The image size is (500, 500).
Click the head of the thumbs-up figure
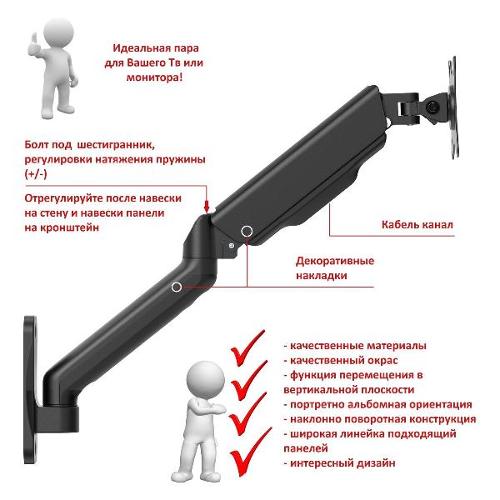(x=58, y=32)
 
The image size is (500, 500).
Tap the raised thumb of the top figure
(x=33, y=40)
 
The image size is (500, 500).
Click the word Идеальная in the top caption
(x=140, y=48)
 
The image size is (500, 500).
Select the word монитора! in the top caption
(x=154, y=77)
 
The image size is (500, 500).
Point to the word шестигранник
(x=116, y=145)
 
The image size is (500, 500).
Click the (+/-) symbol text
(x=36, y=174)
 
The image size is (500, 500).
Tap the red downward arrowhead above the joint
(x=207, y=206)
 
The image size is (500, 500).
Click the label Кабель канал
(x=417, y=224)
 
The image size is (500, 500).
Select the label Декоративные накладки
(x=335, y=267)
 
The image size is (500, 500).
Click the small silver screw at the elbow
(x=232, y=246)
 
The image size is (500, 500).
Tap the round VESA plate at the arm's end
(x=452, y=107)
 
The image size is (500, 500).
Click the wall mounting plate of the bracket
(x=31, y=390)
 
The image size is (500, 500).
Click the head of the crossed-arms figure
(x=206, y=379)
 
